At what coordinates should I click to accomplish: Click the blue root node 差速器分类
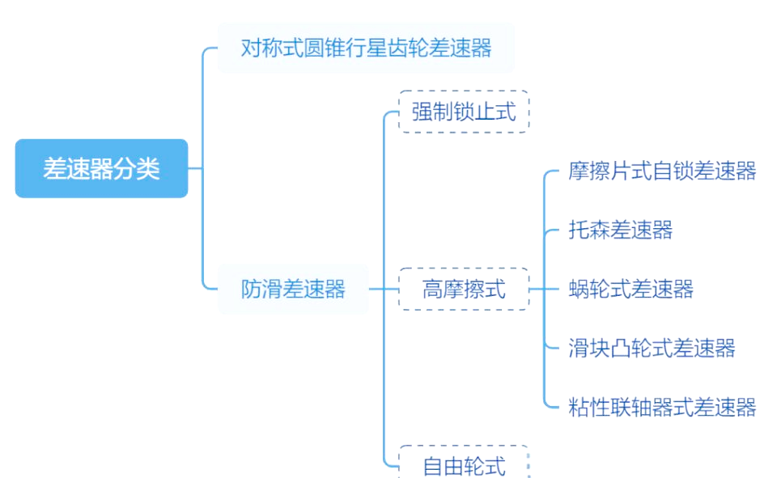coord(101,168)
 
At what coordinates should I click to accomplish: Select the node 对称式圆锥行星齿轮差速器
coord(366,48)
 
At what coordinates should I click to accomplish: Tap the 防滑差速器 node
coord(293,289)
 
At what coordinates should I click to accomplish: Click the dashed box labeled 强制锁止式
coord(464,112)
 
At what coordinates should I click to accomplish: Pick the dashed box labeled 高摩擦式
coord(464,289)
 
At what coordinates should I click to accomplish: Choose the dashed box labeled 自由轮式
coord(464,466)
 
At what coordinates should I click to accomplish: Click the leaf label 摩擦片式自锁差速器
coord(662,171)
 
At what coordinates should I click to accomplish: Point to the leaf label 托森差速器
coord(621,230)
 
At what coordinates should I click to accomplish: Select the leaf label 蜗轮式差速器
coord(631,289)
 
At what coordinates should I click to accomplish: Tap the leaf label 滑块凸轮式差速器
coord(652,348)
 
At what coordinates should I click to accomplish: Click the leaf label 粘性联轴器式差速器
coord(662,407)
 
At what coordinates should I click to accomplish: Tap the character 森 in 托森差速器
coord(600,230)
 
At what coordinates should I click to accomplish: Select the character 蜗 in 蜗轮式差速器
coord(580,289)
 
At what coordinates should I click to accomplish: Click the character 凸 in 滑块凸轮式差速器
coord(621,348)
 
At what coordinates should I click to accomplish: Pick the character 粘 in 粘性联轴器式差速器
coord(580,407)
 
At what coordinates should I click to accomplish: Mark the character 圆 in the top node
coord(314,48)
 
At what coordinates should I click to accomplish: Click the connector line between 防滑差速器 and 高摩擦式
coord(383,289)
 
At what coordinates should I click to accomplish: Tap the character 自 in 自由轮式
coord(433,466)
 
